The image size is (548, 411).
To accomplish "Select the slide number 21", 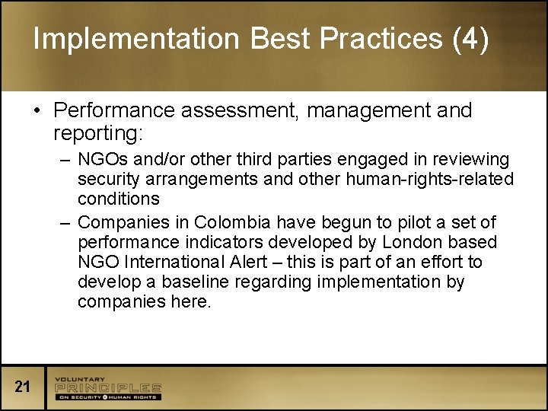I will (23, 387).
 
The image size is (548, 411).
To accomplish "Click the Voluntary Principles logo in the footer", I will (107, 388).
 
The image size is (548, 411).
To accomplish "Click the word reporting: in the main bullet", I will (97, 134).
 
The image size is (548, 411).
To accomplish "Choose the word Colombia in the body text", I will (232, 222).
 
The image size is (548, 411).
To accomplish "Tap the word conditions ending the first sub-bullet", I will (118, 199).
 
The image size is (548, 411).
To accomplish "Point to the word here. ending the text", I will (190, 302).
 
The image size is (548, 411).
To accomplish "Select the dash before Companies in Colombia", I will (66, 222).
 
